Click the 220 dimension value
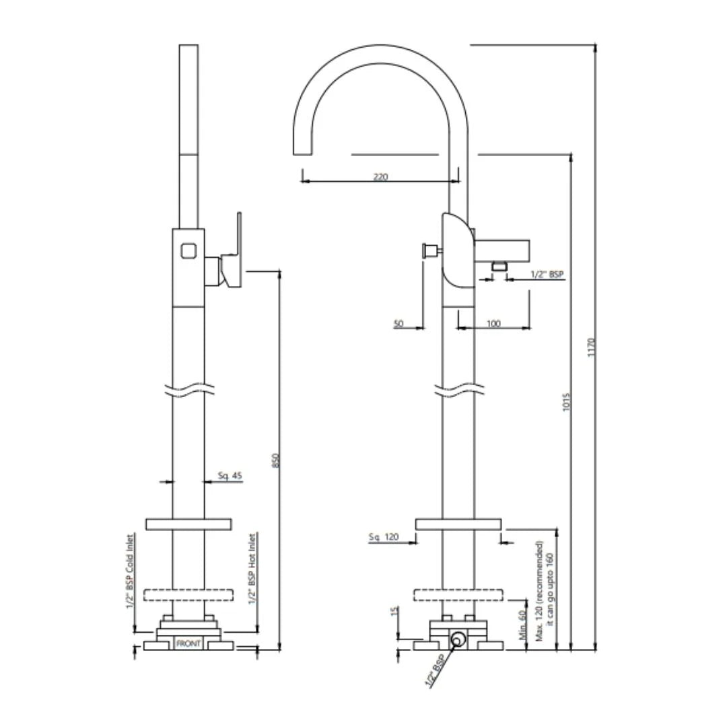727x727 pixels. [x=380, y=177]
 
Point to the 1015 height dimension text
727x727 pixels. [x=567, y=402]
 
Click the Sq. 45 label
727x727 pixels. [x=230, y=476]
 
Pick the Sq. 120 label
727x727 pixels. [x=384, y=536]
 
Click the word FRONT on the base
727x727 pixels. [x=188, y=644]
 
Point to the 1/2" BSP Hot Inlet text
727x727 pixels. [x=252, y=569]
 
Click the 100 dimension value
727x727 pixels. [x=493, y=324]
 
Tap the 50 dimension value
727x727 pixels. [x=399, y=324]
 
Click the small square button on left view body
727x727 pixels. [x=188, y=250]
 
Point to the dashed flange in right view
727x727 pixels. [x=458, y=594]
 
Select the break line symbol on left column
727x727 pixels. [x=188, y=389]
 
